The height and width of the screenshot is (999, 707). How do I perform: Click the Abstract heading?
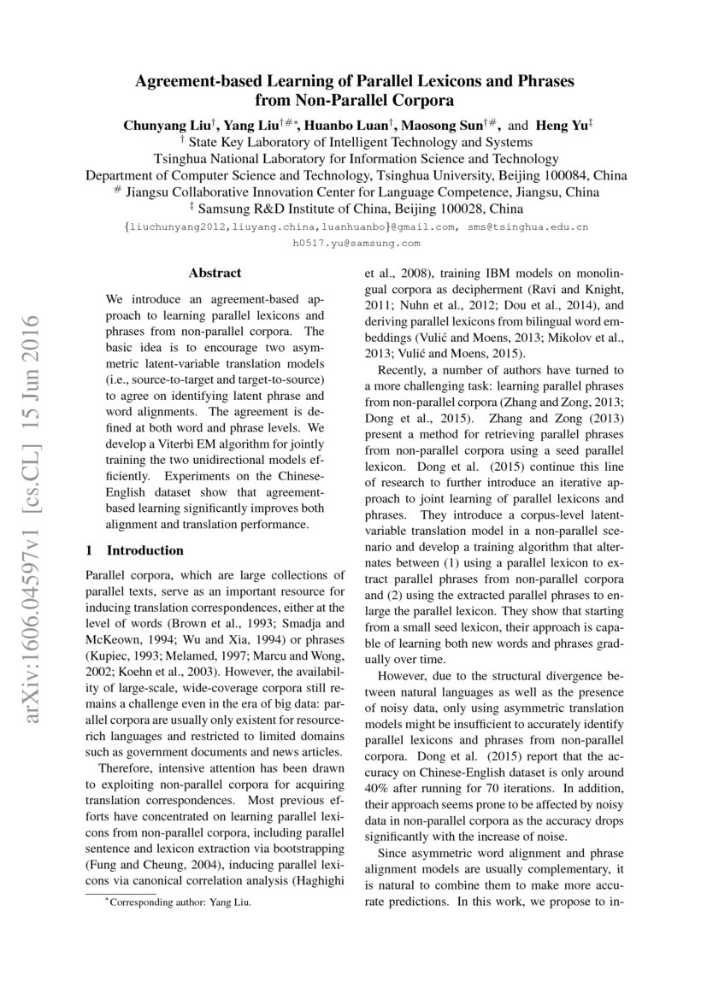(215, 273)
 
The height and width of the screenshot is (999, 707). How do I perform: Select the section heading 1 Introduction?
(135, 550)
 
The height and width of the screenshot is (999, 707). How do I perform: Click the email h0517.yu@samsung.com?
(356, 244)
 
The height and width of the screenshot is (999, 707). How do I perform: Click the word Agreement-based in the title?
(197, 82)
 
